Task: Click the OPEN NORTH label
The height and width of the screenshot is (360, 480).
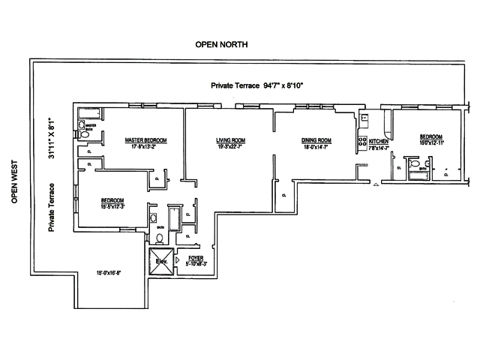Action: coord(221,45)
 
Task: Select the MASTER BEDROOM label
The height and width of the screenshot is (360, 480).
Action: coord(145,140)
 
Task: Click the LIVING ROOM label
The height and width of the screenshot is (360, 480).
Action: coord(232,140)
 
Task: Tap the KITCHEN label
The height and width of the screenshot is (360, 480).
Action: coord(378,141)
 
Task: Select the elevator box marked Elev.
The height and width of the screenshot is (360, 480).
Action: coord(160,262)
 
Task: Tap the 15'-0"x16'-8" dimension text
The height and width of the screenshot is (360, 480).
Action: coord(108,273)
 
